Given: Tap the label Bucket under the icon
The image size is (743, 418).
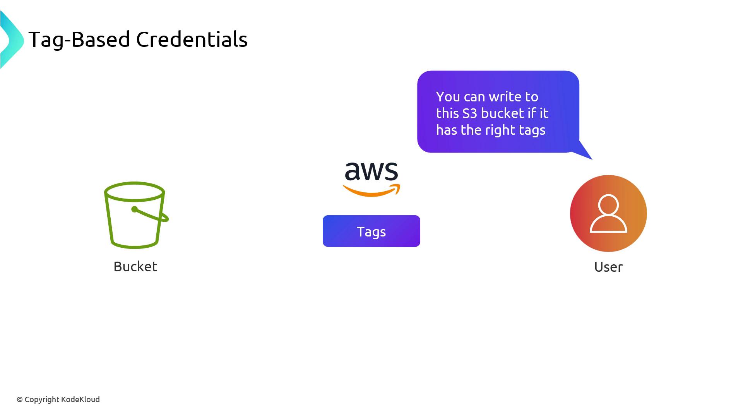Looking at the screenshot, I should pyautogui.click(x=135, y=267).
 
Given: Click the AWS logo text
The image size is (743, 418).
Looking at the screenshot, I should pyautogui.click(x=371, y=171).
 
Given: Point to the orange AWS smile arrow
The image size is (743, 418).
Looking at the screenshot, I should pyautogui.click(x=371, y=191).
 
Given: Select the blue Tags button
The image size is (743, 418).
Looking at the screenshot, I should pyautogui.click(x=371, y=231).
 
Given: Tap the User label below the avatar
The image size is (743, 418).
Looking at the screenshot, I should pyautogui.click(x=608, y=267).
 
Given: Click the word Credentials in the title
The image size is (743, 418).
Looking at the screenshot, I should pyautogui.click(x=192, y=39).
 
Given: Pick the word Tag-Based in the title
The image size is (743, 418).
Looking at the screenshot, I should pyautogui.click(x=79, y=39).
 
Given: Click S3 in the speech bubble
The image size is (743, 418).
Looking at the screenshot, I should pyautogui.click(x=470, y=113).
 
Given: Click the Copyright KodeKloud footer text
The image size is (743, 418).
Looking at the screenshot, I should pyautogui.click(x=58, y=399).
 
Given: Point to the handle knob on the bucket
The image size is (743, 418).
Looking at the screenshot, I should pyautogui.click(x=134, y=209).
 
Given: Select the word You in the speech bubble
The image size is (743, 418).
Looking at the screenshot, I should pyautogui.click(x=448, y=97).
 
